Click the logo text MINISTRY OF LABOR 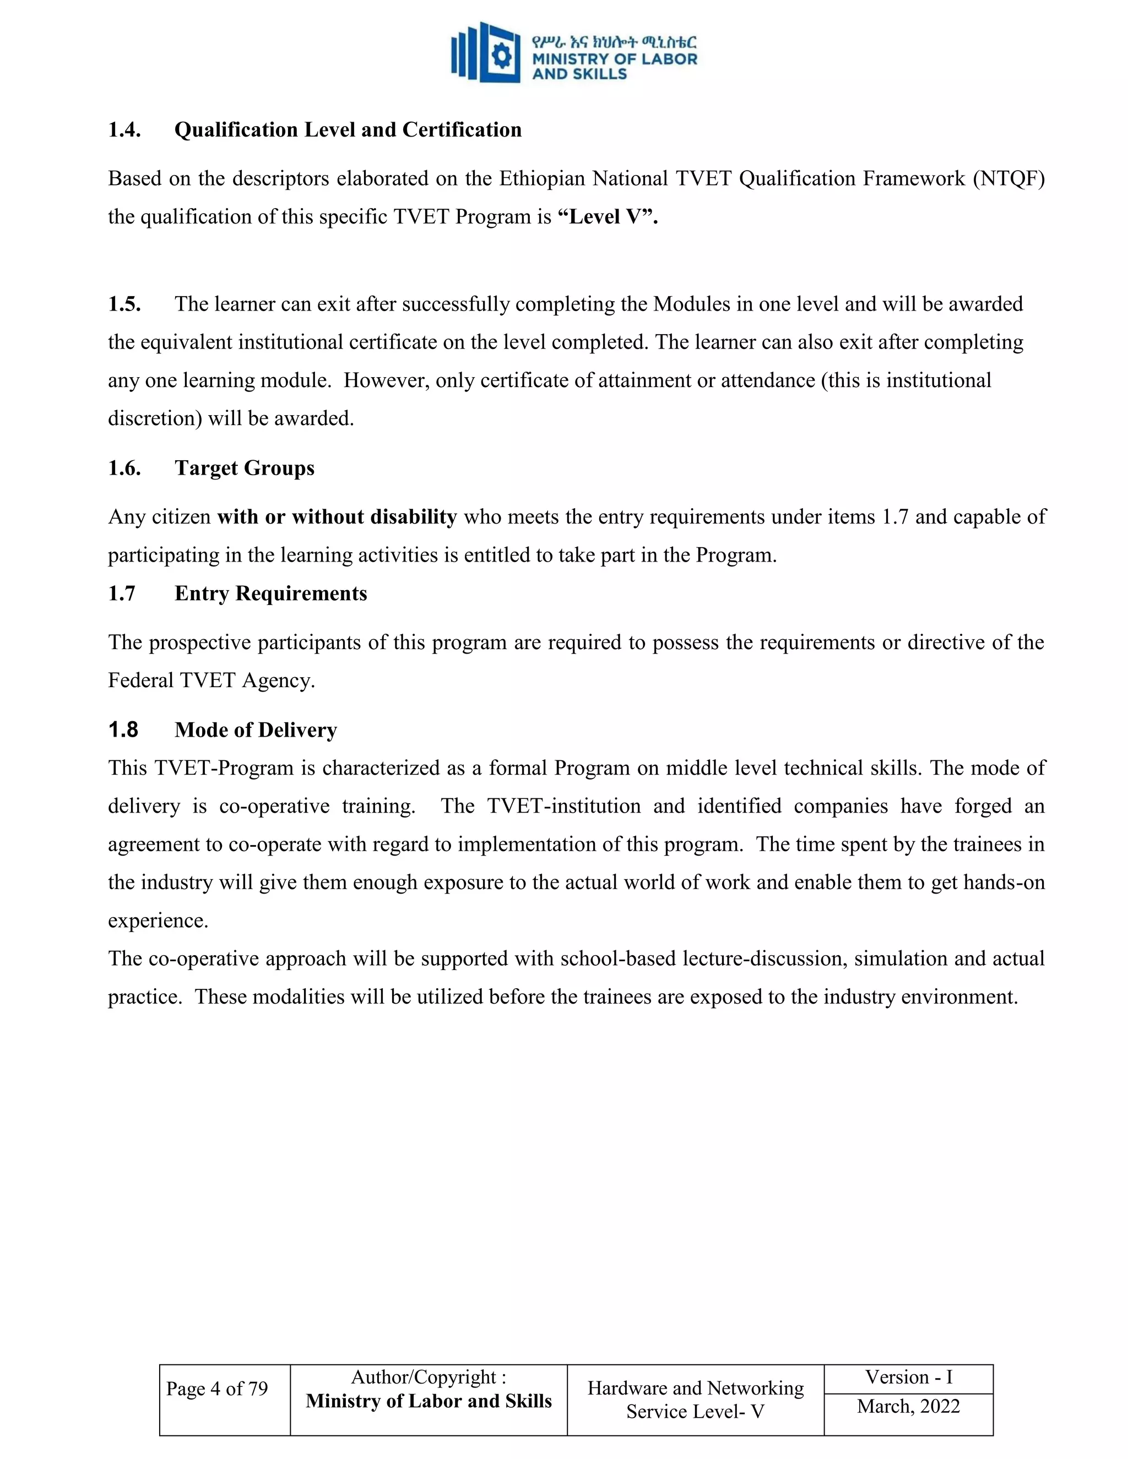click(x=614, y=59)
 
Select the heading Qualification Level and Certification click(x=348, y=129)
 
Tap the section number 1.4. click(x=124, y=129)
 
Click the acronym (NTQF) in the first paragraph click(x=1008, y=178)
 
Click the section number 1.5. click(x=124, y=304)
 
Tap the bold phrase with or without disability click(x=337, y=516)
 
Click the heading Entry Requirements click(x=270, y=593)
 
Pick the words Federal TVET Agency click(x=210, y=680)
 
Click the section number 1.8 click(x=123, y=730)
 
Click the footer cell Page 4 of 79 click(x=216, y=1389)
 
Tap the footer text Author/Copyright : click(x=429, y=1377)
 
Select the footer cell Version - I click(x=908, y=1377)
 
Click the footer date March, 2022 click(x=908, y=1406)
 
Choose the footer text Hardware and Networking click(x=695, y=1388)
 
